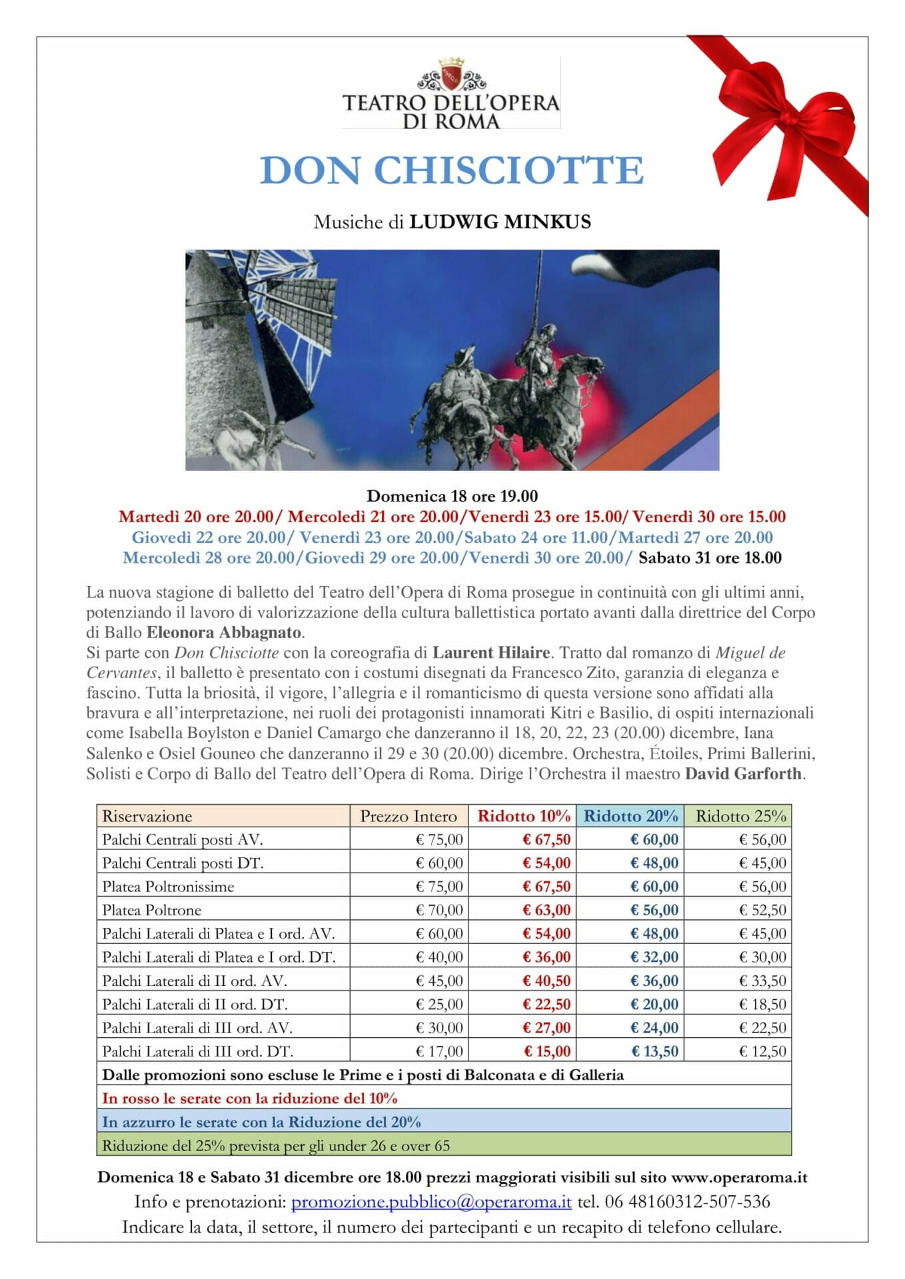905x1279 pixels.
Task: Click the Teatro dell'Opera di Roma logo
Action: pos(451,93)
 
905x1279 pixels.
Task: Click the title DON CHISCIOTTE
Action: pos(452,171)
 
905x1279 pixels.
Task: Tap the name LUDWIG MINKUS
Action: pos(500,222)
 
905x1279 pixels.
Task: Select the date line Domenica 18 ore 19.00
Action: pos(452,496)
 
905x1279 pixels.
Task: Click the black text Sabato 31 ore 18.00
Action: pos(710,558)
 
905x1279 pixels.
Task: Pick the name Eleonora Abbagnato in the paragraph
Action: pos(224,632)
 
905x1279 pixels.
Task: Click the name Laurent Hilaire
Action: pos(491,653)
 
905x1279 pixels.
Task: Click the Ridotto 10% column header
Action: pos(524,816)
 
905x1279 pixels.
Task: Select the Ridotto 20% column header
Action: pos(630,816)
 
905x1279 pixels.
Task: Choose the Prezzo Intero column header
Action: pos(409,816)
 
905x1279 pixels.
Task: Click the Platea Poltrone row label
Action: pos(152,910)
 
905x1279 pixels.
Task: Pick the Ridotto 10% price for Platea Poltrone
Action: pos(546,910)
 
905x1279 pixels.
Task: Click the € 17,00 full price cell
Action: pos(439,1051)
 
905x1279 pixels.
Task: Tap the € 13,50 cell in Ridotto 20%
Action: pos(654,1051)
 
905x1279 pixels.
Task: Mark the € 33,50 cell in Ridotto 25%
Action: pos(762,981)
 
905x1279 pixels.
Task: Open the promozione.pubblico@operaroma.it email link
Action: pos(431,1202)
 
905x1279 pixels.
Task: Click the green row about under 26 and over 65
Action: pos(444,1146)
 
